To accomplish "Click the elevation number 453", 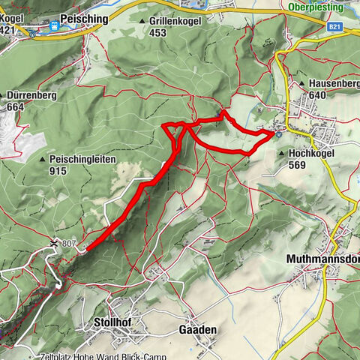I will click(157, 33).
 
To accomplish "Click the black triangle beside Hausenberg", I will click(302, 84).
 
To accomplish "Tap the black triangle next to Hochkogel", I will click(282, 152).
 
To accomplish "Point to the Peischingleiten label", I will click(81, 160).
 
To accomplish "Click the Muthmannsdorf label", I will click(323, 259).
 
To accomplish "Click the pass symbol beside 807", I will click(54, 243).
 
